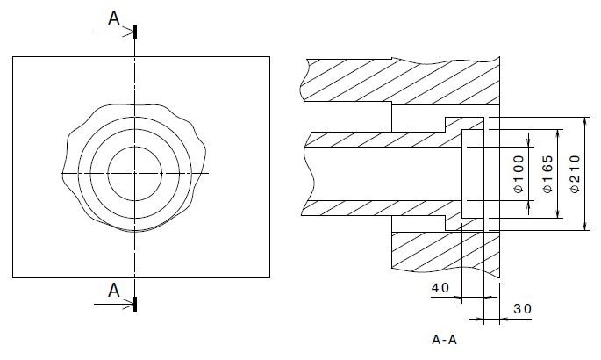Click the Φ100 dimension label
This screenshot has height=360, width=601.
[519, 174]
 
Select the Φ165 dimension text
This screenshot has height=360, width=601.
[547, 174]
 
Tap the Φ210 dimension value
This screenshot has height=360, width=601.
[575, 174]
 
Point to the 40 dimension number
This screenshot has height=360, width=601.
[440, 287]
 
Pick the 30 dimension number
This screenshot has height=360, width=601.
[522, 308]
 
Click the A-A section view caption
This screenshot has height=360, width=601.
[444, 340]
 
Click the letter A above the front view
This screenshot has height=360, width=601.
[114, 18]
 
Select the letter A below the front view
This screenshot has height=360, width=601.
[114, 291]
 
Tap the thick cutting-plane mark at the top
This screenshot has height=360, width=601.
[135, 32]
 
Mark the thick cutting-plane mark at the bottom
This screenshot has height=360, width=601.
[135, 304]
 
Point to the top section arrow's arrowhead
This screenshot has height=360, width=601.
[129, 32]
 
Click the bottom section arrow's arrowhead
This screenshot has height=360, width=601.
[129, 305]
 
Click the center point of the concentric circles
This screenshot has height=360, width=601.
[135, 173]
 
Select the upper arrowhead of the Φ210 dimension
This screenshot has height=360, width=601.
[585, 122]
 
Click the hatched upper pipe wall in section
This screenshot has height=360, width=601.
[383, 140]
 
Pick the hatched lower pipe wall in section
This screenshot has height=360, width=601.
[383, 208]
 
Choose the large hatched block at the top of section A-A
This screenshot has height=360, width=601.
[398, 82]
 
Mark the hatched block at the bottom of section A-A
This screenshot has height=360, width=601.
[445, 251]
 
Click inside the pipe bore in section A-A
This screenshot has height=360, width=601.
[383, 174]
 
